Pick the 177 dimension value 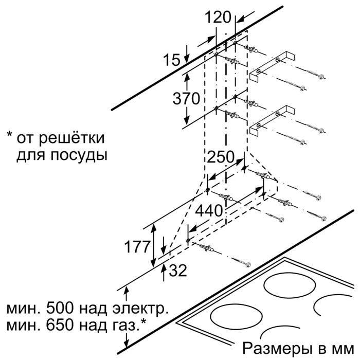pyautogui.click(x=139, y=247)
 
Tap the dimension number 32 pyautogui.click(x=177, y=271)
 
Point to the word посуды pyautogui.click(x=77, y=154)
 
